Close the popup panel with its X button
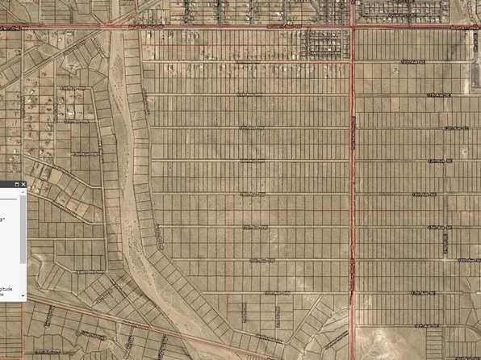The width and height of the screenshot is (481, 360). tap(23, 185)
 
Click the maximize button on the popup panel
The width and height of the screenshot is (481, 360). tap(16, 185)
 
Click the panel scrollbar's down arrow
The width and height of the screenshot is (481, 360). tap(23, 296)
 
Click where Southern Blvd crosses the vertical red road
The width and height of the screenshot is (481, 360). tap(353, 27)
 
